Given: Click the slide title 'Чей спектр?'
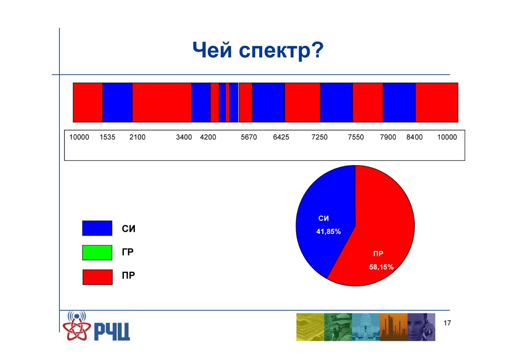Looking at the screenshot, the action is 258,51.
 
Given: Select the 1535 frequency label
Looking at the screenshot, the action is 107,137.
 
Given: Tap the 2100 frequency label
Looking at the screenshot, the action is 137,137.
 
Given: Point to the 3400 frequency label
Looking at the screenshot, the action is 184,137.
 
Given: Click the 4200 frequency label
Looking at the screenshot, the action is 208,137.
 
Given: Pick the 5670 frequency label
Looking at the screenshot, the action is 249,137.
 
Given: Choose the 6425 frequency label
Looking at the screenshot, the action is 281,137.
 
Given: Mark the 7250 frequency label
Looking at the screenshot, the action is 319,137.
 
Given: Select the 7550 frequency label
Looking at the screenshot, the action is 356,137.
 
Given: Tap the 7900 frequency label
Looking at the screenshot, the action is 388,137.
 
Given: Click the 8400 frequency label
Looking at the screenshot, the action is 414,137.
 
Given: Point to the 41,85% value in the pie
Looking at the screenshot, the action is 329,232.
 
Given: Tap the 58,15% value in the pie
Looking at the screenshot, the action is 381,267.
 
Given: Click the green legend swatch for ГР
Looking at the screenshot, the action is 97,253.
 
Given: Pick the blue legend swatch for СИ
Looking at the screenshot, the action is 97,228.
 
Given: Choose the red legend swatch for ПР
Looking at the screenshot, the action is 98,277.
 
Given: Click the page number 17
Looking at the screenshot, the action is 447,323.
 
